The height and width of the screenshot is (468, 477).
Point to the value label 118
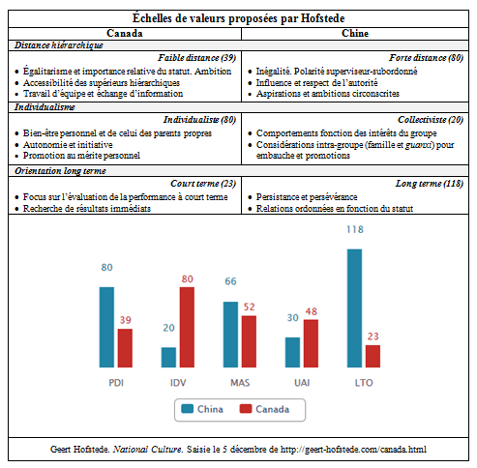(x=355, y=230)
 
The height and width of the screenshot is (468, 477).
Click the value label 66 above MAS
(x=231, y=281)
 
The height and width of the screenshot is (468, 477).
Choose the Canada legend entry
(x=264, y=409)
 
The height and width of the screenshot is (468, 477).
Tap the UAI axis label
(x=302, y=383)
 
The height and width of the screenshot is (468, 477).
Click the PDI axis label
(x=115, y=383)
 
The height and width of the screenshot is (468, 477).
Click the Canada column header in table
(x=125, y=34)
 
